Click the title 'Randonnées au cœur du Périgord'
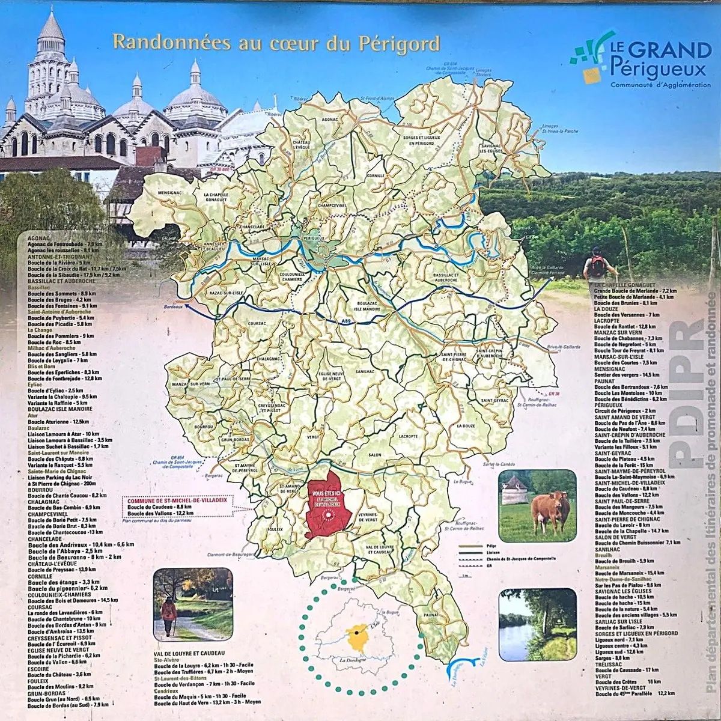click(276, 43)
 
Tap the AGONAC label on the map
click(330, 120)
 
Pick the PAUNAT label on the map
click(431, 615)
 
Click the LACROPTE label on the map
click(408, 436)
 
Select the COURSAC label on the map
click(257, 324)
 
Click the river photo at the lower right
click(537, 625)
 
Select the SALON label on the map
click(375, 455)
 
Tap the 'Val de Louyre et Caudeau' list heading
click(189, 653)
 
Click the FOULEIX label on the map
click(275, 529)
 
